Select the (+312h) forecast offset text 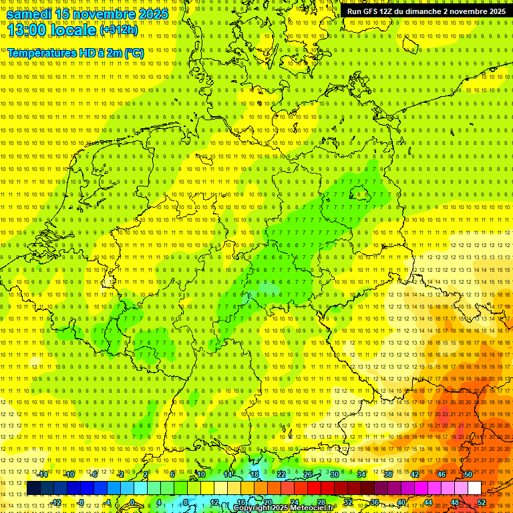pos(118,31)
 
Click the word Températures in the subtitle pos(39,53)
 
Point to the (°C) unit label pos(133,53)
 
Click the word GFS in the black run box pos(371,11)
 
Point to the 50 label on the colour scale pos(468,474)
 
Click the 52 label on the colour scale pos(482,502)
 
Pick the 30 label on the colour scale pos(335,474)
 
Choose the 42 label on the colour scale pos(415,474)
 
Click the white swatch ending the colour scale pos(474,488)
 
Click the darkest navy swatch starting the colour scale pos(33,488)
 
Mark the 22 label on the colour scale pos(281,474)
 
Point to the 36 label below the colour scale pos(375,502)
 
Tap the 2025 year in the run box pos(495,11)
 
